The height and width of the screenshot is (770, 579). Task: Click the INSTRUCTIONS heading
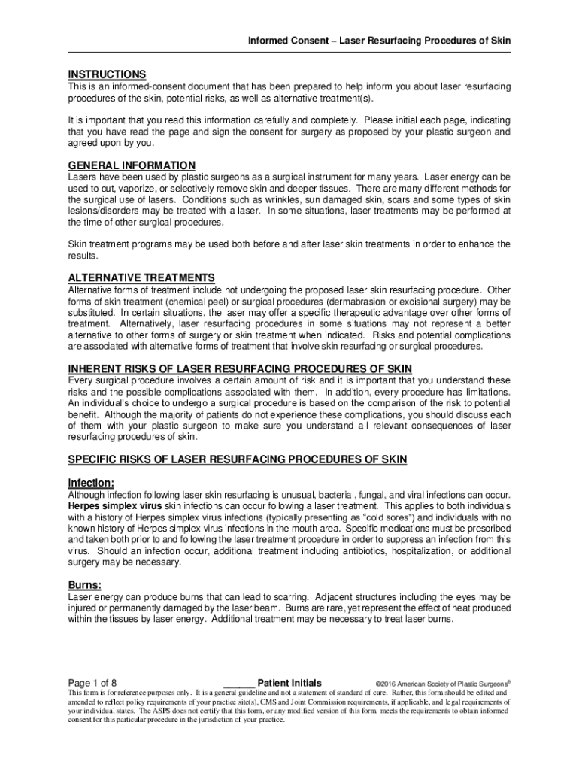(107, 74)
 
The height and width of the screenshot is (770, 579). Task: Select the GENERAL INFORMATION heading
(132, 165)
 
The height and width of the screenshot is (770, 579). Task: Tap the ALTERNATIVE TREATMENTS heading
(141, 277)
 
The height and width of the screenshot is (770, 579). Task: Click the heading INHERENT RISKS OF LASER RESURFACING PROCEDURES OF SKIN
(240, 368)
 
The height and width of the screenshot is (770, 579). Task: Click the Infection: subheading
(91, 482)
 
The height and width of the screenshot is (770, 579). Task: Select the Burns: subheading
(85, 584)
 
